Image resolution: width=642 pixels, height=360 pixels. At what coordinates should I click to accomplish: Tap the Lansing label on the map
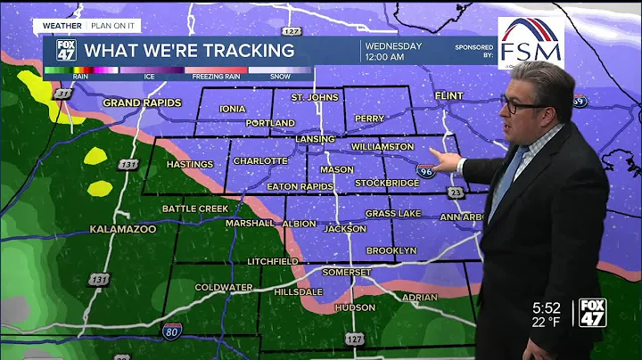point(315,140)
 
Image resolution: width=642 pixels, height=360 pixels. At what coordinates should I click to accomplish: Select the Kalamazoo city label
point(123,229)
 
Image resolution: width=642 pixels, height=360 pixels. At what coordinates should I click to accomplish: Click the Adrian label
point(420,297)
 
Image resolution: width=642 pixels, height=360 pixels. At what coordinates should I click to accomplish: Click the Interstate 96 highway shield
point(427,170)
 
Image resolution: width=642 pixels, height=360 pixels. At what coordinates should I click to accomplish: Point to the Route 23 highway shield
point(457,192)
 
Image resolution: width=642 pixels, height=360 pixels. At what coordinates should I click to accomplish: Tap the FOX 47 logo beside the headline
point(66,50)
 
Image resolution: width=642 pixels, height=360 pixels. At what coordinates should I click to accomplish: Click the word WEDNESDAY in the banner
point(391,45)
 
